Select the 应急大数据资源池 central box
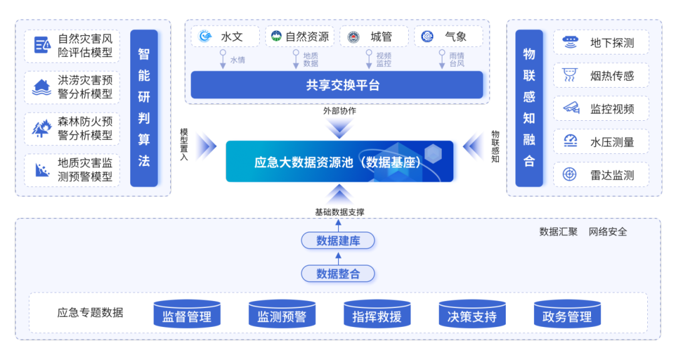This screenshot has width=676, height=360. tap(342, 162)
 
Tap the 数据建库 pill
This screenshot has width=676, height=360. tap(338, 240)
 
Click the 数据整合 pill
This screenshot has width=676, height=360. tap(338, 274)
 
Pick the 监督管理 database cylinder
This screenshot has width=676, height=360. tap(187, 315)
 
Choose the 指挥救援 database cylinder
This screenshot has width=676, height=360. tap(377, 315)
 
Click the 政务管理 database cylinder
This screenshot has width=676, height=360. tap(567, 315)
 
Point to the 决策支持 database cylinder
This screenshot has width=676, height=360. tap(472, 315)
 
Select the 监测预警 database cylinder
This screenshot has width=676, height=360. tap(282, 315)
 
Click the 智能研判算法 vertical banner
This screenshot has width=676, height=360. tap(144, 108)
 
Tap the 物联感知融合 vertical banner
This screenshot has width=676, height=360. tap(530, 108)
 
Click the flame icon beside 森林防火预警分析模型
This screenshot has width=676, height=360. tap(42, 128)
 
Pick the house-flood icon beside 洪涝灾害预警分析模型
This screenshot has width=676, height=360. tap(42, 88)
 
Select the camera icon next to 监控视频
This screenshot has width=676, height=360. tap(570, 108)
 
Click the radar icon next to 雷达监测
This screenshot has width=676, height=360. tap(570, 175)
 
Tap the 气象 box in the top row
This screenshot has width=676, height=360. tap(448, 37)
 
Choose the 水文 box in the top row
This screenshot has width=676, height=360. tap(225, 37)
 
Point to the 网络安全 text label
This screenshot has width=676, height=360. tap(608, 232)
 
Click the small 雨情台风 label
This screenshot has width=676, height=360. tap(457, 60)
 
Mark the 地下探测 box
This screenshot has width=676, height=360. tap(601, 43)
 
